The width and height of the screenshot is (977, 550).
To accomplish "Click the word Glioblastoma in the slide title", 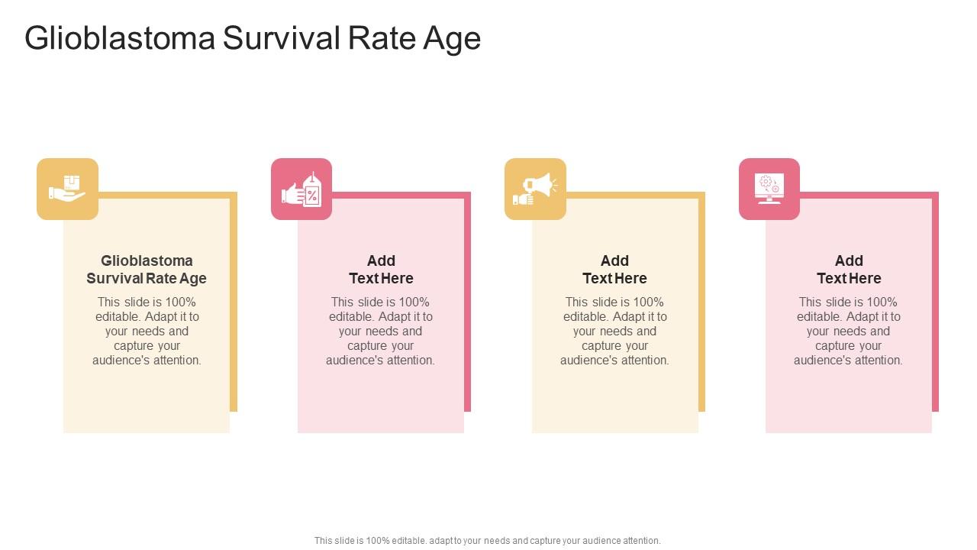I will (120, 38).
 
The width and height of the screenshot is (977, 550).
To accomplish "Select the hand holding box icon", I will (67, 189).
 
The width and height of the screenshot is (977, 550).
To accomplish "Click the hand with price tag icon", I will (301, 189).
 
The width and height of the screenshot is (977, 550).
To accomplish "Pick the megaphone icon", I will (535, 189).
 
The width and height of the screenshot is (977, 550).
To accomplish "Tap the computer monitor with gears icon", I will (769, 189).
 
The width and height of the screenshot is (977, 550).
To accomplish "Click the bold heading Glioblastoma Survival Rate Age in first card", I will (147, 270).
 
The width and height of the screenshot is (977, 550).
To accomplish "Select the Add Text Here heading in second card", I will (381, 270).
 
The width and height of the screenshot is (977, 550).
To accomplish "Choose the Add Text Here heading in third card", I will (614, 270).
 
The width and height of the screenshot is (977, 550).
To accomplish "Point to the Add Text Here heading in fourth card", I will (849, 270).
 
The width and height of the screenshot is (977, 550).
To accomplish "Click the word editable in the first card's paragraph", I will (118, 316).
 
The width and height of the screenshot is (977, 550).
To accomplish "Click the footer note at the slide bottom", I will (488, 540).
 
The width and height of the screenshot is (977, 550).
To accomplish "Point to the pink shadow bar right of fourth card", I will (935, 306).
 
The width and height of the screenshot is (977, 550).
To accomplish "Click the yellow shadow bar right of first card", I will (234, 306).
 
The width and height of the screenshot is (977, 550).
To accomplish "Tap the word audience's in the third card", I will (588, 361).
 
